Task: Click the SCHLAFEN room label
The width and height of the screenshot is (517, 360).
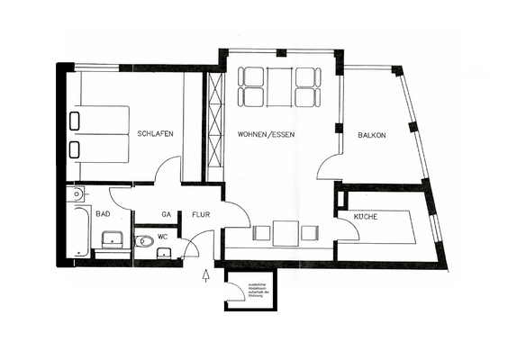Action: (x=156, y=134)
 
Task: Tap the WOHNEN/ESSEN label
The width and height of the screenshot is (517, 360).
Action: (x=267, y=134)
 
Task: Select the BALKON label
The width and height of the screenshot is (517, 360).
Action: (x=371, y=134)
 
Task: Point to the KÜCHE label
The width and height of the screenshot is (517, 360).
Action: (x=365, y=218)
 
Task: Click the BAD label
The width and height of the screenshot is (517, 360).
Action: (x=103, y=214)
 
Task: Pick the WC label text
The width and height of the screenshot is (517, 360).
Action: (x=163, y=237)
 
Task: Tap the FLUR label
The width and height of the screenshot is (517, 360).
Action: (x=199, y=215)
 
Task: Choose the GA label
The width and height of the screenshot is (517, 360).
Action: (x=166, y=215)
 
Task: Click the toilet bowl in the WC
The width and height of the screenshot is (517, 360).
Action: (x=144, y=241)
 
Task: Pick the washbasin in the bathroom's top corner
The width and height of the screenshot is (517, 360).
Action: (x=78, y=193)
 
